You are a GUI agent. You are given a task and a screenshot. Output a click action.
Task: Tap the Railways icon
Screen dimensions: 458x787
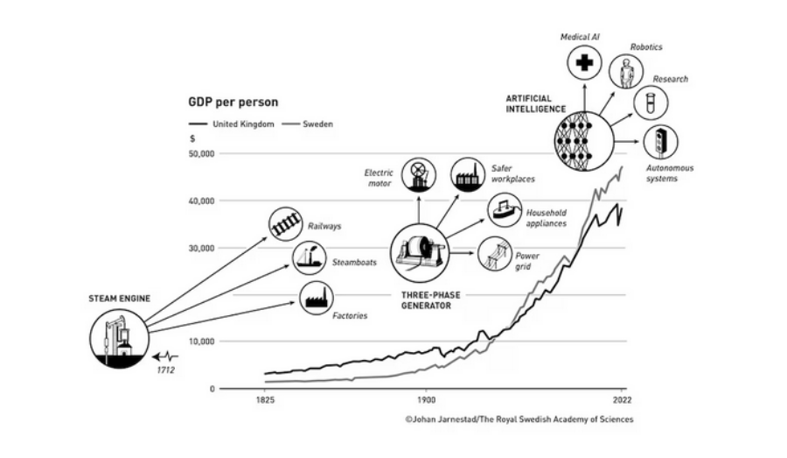pos(285,223)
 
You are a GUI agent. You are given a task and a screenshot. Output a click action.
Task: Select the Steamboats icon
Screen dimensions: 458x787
pos(309,258)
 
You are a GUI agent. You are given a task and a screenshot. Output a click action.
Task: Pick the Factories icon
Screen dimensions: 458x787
pos(316,298)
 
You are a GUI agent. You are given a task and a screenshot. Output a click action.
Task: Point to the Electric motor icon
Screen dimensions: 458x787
pos(418,173)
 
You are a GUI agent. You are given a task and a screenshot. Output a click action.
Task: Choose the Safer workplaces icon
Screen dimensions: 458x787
pos(468,173)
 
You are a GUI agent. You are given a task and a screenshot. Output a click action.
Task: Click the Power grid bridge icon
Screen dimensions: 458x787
pos(496,255)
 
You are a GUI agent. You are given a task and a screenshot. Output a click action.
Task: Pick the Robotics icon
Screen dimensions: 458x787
pos(626,72)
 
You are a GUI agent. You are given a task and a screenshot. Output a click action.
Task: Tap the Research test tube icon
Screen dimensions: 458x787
pos(651,102)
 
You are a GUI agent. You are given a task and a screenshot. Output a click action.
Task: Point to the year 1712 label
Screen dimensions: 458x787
pos(167,369)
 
